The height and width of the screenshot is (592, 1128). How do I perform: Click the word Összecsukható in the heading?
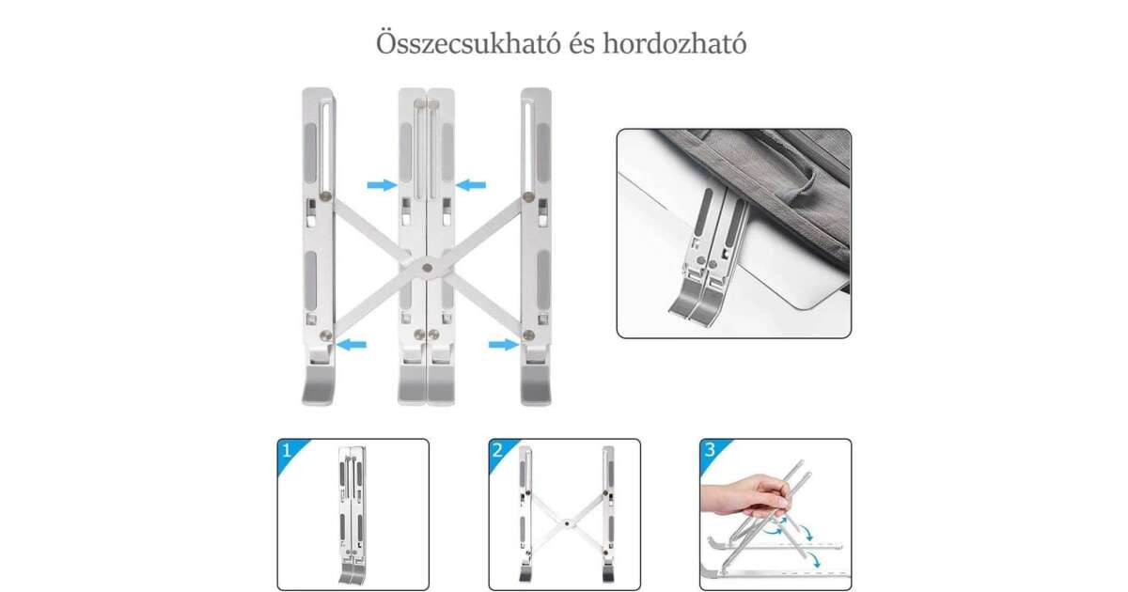click(x=468, y=43)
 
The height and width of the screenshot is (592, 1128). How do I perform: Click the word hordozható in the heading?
click(x=675, y=43)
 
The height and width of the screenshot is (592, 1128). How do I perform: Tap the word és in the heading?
click(x=582, y=44)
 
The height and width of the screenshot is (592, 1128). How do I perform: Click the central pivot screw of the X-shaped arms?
click(x=428, y=269)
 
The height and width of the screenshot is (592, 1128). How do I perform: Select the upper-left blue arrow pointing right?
click(x=383, y=185)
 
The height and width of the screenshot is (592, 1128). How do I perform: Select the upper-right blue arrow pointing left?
click(x=471, y=185)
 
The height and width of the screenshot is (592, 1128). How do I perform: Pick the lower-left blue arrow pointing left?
click(x=352, y=345)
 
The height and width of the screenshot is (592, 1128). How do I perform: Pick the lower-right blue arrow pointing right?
click(x=504, y=345)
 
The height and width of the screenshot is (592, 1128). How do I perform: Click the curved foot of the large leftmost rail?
click(x=319, y=385)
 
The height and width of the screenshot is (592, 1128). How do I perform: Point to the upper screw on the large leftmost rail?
click(x=326, y=196)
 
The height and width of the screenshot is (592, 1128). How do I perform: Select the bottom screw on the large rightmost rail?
click(x=528, y=335)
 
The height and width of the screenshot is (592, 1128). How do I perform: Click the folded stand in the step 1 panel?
click(x=352, y=515)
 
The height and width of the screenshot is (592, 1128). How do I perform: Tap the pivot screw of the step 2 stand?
click(x=568, y=523)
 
